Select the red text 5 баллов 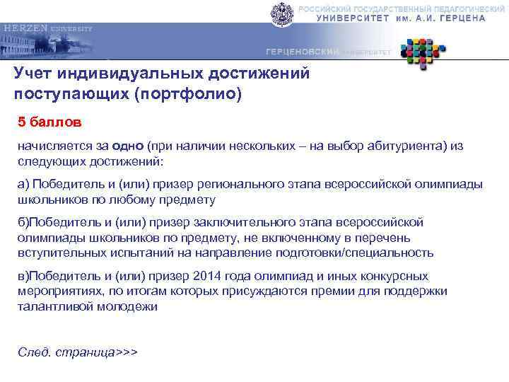49,122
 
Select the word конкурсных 397,277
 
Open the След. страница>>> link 77,352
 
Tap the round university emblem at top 281,13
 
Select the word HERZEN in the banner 25,28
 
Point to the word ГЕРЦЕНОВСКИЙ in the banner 303,52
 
